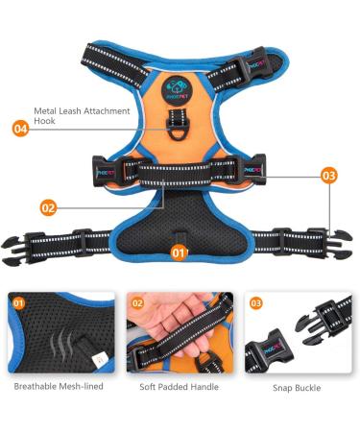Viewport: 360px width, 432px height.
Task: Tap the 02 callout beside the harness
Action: (x=48, y=206)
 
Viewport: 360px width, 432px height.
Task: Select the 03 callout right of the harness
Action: (x=329, y=176)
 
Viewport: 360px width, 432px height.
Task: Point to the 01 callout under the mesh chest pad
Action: (x=178, y=252)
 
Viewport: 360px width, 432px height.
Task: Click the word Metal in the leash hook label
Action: (x=47, y=110)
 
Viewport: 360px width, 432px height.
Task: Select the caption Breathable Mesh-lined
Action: (x=58, y=387)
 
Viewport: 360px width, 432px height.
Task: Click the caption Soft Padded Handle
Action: (x=179, y=387)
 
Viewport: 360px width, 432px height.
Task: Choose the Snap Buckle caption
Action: (x=295, y=388)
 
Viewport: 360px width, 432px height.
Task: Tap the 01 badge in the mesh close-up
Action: (x=19, y=303)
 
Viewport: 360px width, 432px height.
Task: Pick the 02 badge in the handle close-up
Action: (x=138, y=303)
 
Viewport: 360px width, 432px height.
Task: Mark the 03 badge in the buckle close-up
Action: (x=256, y=303)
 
